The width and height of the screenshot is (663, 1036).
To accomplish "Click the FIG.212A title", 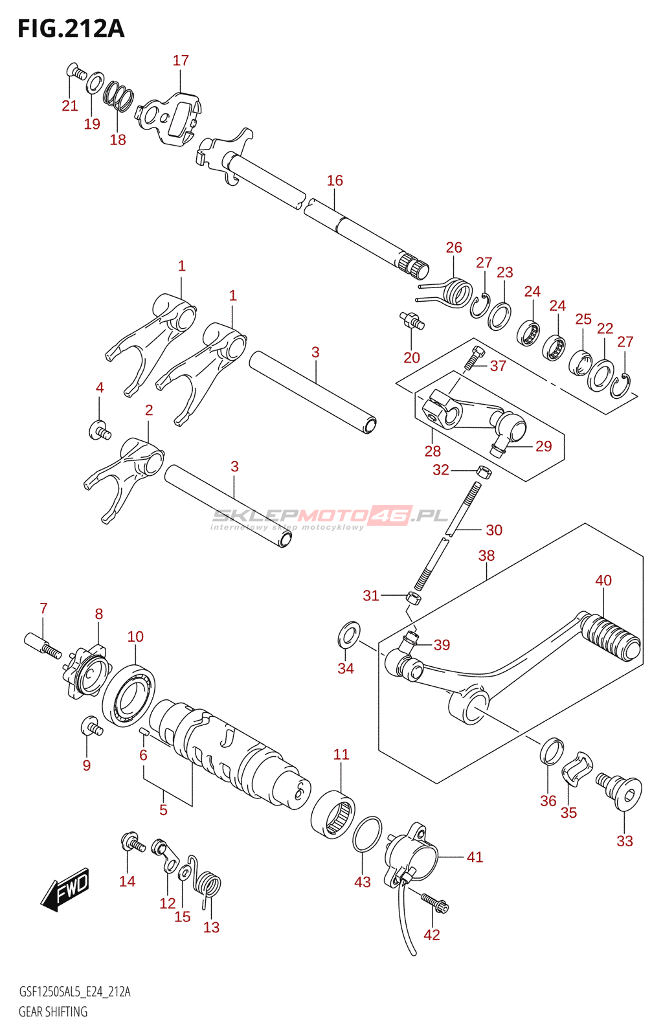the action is [71, 28].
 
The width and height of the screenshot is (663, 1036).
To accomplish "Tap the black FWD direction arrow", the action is [64, 890].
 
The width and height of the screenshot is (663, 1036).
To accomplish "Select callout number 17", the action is [181, 60].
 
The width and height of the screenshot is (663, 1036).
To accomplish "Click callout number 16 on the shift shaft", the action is [335, 181].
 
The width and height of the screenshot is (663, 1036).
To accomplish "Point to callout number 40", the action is [603, 580].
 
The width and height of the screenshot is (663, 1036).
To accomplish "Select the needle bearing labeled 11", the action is [333, 815].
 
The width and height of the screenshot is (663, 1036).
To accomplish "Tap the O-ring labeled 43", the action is [367, 833].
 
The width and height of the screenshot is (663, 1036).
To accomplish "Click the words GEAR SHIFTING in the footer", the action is [53, 1011].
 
